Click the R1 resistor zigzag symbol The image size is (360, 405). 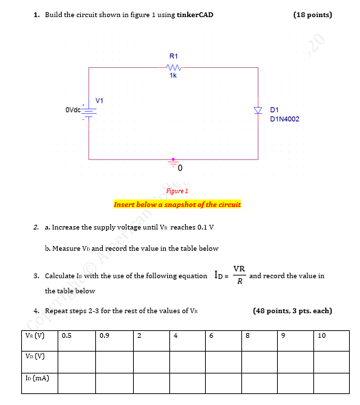tap(173, 67)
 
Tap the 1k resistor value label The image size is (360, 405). tap(173, 75)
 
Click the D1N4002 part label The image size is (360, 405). tap(285, 119)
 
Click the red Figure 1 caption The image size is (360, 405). tap(177, 191)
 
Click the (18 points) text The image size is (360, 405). tap(312, 14)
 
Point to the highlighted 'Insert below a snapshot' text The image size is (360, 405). tap(177, 204)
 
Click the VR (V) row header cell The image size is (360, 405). tap(34, 336)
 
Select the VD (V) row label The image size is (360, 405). tap(34, 356)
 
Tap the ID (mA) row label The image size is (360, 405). tap(35, 378)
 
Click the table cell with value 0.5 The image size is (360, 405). tap(76, 336)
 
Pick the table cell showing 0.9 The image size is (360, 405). tap(113, 336)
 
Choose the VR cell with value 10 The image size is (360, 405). tap(331, 336)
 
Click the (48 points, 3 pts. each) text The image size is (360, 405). tap(293, 310)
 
